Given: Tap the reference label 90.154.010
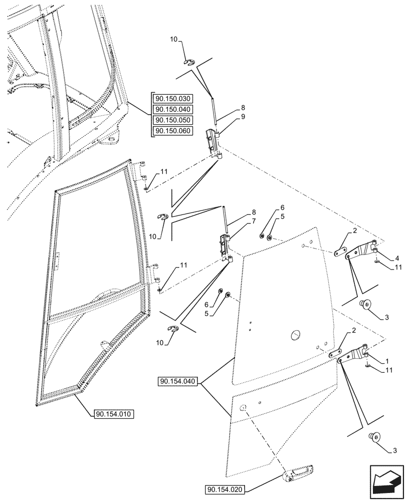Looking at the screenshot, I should click(113, 414).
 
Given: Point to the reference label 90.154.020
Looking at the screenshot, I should click(226, 489).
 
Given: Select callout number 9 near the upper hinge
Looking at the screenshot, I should click(243, 117).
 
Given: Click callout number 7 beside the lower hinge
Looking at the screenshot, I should click(243, 221).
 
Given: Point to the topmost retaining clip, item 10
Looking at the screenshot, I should click(188, 63).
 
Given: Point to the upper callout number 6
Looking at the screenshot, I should click(282, 208).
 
